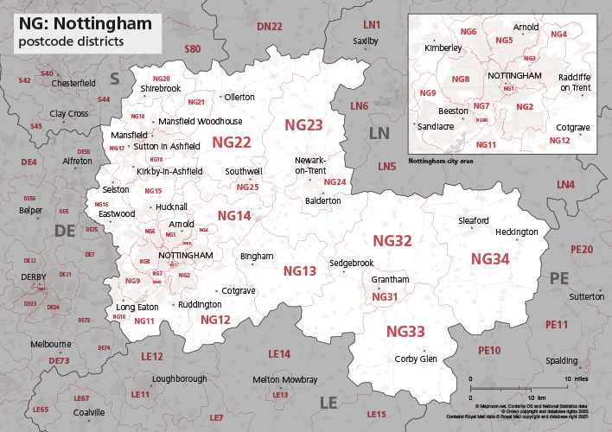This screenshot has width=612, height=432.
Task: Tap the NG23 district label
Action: point(303,126)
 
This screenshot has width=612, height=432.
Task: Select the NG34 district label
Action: point(490,258)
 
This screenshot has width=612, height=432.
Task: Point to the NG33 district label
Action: point(405,332)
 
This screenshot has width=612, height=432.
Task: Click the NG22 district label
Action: point(232,142)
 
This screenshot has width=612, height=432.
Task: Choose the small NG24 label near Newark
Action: point(335,182)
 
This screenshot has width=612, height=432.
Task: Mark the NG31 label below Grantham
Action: point(384,297)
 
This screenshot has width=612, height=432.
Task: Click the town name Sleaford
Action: point(474,221)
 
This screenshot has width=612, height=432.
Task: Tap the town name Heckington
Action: point(516,232)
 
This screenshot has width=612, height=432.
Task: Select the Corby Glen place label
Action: point(415,359)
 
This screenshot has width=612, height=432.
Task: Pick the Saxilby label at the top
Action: point(365,41)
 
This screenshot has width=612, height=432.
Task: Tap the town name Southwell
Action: point(244,172)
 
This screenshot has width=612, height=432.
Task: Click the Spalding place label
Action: point(564,359)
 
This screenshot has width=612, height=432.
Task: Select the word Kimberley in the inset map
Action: point(443,48)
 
